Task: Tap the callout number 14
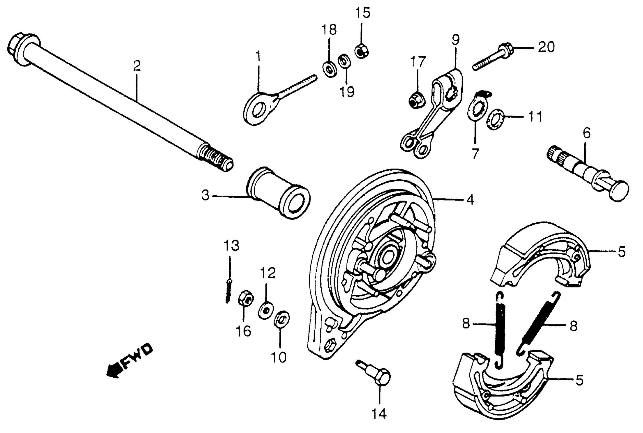coord(379,413)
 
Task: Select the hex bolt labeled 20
coord(492,58)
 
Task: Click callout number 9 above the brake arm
coord(455,40)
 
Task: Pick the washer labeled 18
coord(329,70)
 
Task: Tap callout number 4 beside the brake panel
coord(470,200)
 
